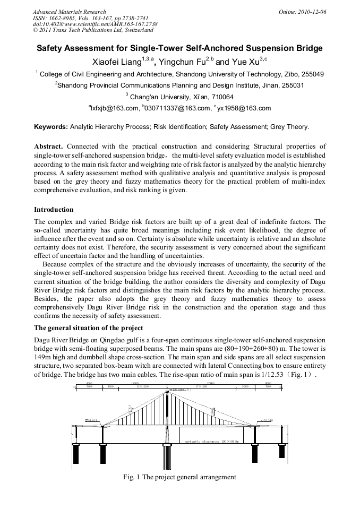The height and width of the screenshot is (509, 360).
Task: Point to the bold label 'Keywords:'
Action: (x=51, y=127)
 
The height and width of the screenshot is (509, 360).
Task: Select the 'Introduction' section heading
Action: (x=54, y=210)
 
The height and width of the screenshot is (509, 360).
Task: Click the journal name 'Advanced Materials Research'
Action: (x=69, y=12)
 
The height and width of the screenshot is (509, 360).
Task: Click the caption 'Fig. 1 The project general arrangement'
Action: (x=179, y=477)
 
